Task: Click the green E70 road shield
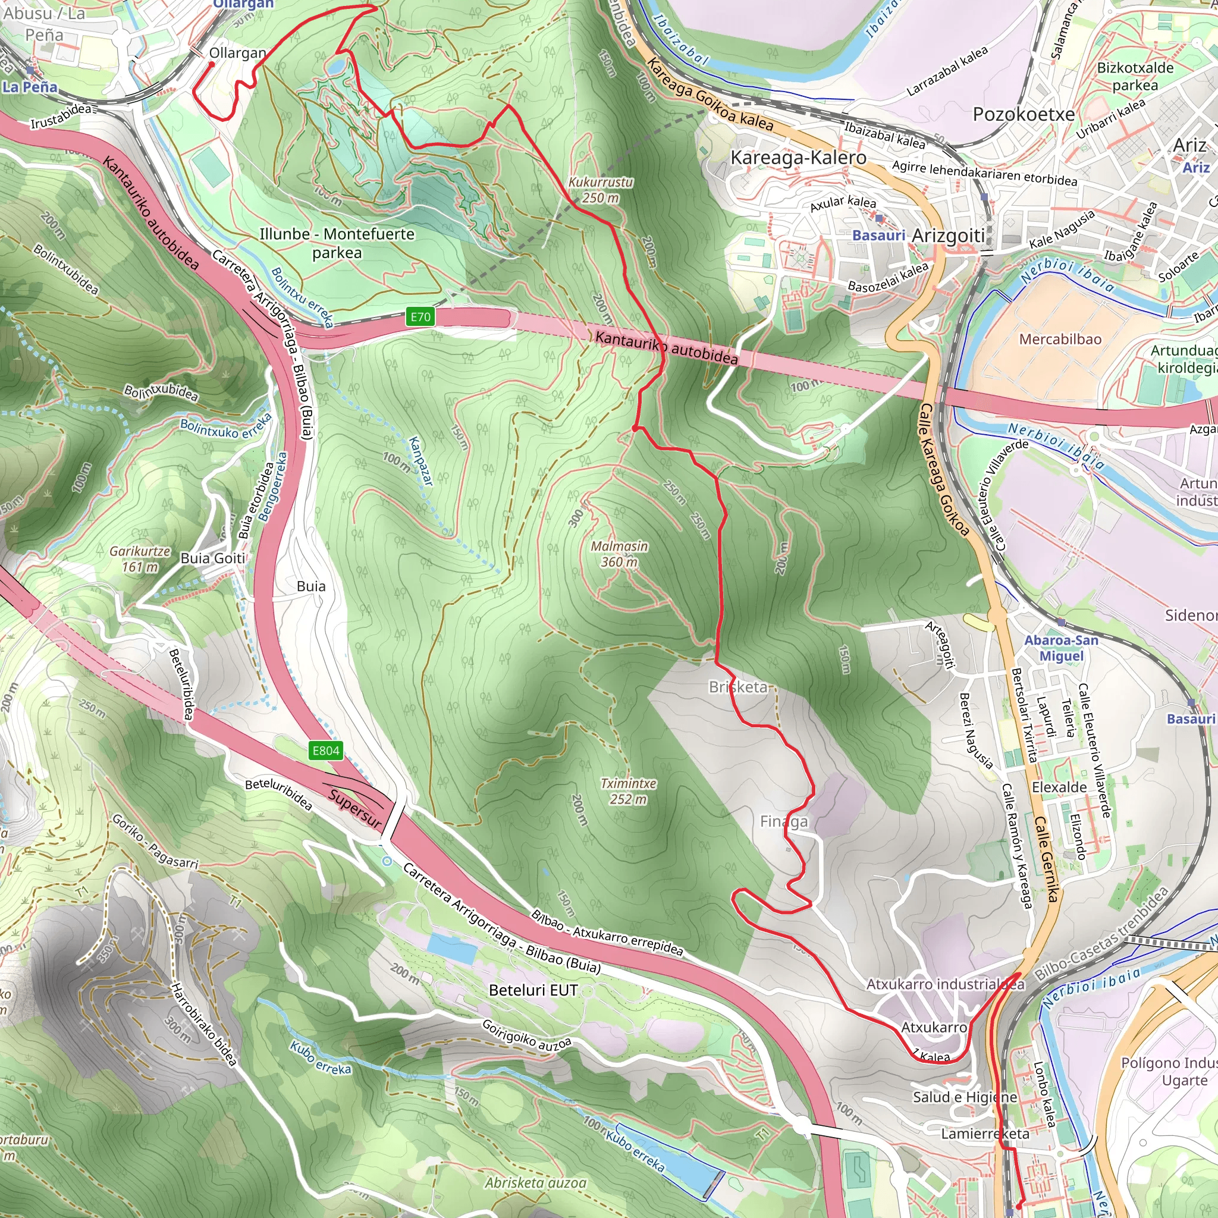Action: coord(420,316)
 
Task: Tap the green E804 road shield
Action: coord(326,750)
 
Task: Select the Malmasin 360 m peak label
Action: coord(619,554)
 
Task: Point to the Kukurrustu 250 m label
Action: coord(600,190)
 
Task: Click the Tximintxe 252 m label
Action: coord(628,791)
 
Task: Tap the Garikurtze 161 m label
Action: coord(140,558)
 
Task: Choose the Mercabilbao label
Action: coord(1060,339)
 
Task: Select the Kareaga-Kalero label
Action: coord(798,158)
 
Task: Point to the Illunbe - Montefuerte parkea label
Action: coord(337,243)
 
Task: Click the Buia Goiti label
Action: coord(212,558)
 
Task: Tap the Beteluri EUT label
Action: coord(533,990)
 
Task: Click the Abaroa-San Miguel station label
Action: coord(1062,648)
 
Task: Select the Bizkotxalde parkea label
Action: coord(1135,76)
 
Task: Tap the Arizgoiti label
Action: coord(948,236)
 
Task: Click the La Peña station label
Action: coord(30,87)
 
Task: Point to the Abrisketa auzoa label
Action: coord(535,1183)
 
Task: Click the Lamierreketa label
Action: coord(985,1134)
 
